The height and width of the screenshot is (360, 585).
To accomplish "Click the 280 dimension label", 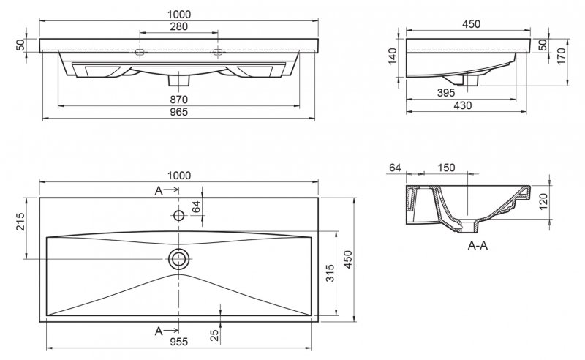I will click(178, 27).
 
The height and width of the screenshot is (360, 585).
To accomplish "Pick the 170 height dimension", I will click(562, 56).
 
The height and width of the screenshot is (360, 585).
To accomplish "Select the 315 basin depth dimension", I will click(330, 274).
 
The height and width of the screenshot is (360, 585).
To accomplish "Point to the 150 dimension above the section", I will click(446, 168).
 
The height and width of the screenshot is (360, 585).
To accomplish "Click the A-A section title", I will click(477, 246).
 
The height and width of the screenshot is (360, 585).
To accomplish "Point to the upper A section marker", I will click(159, 191).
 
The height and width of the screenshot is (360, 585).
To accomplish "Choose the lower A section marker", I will click(159, 331).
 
